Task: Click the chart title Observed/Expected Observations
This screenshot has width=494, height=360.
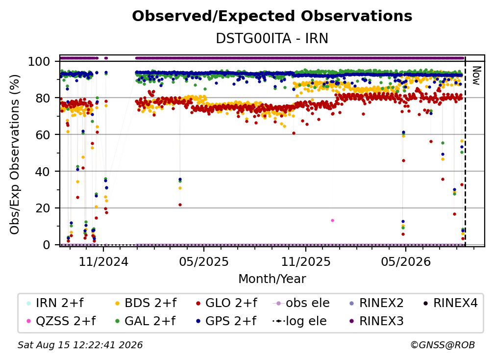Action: [x=272, y=16]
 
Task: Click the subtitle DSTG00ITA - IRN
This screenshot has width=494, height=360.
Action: [x=272, y=38]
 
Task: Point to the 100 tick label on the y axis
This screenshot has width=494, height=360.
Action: [x=39, y=61]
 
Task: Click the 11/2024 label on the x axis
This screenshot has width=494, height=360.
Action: [x=103, y=261]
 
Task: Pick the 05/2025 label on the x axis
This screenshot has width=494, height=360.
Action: [x=204, y=261]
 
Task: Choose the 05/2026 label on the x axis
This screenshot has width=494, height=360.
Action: [x=405, y=261]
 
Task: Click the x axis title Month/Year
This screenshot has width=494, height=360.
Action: [x=272, y=279]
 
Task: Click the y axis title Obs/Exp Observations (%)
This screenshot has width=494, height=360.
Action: [x=15, y=154]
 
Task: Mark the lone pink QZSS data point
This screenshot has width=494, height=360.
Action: [x=332, y=220]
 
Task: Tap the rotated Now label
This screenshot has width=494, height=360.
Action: [x=476, y=76]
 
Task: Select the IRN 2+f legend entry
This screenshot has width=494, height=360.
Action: [x=55, y=303]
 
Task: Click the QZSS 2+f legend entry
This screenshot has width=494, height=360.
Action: [x=61, y=321]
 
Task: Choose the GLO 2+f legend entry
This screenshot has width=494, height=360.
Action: [x=226, y=303]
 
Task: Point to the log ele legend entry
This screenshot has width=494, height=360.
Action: [x=299, y=321]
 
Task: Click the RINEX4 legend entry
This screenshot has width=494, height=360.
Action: [x=450, y=303]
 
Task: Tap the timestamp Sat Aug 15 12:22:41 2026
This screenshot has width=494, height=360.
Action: [x=80, y=345]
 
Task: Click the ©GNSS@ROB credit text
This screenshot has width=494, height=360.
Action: [x=443, y=345]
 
